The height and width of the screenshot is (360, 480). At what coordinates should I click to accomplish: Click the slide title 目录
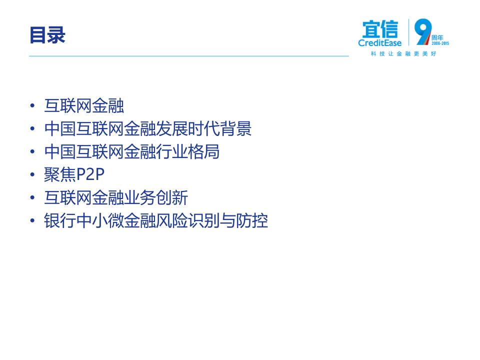coord(47,35)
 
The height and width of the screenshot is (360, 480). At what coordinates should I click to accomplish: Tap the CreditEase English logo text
coord(380,43)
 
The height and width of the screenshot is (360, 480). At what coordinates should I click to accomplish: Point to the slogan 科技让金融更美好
coord(403,53)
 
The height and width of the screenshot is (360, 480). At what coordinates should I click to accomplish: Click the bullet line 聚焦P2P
coord(74,175)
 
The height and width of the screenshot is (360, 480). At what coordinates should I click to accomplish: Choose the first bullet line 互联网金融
coord(84,106)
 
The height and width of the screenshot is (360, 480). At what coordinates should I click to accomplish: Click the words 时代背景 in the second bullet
coord(220,129)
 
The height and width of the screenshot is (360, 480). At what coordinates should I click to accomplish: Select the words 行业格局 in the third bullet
coord(188,152)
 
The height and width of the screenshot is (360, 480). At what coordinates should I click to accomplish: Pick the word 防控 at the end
coord(252,221)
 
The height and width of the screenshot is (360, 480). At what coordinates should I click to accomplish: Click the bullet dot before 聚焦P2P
coord(32,175)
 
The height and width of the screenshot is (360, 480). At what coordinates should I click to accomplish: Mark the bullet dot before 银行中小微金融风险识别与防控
coord(32,221)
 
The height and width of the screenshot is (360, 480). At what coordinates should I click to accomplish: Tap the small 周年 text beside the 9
coord(437,37)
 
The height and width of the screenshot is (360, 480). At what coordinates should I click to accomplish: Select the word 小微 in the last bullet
coord(108,221)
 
